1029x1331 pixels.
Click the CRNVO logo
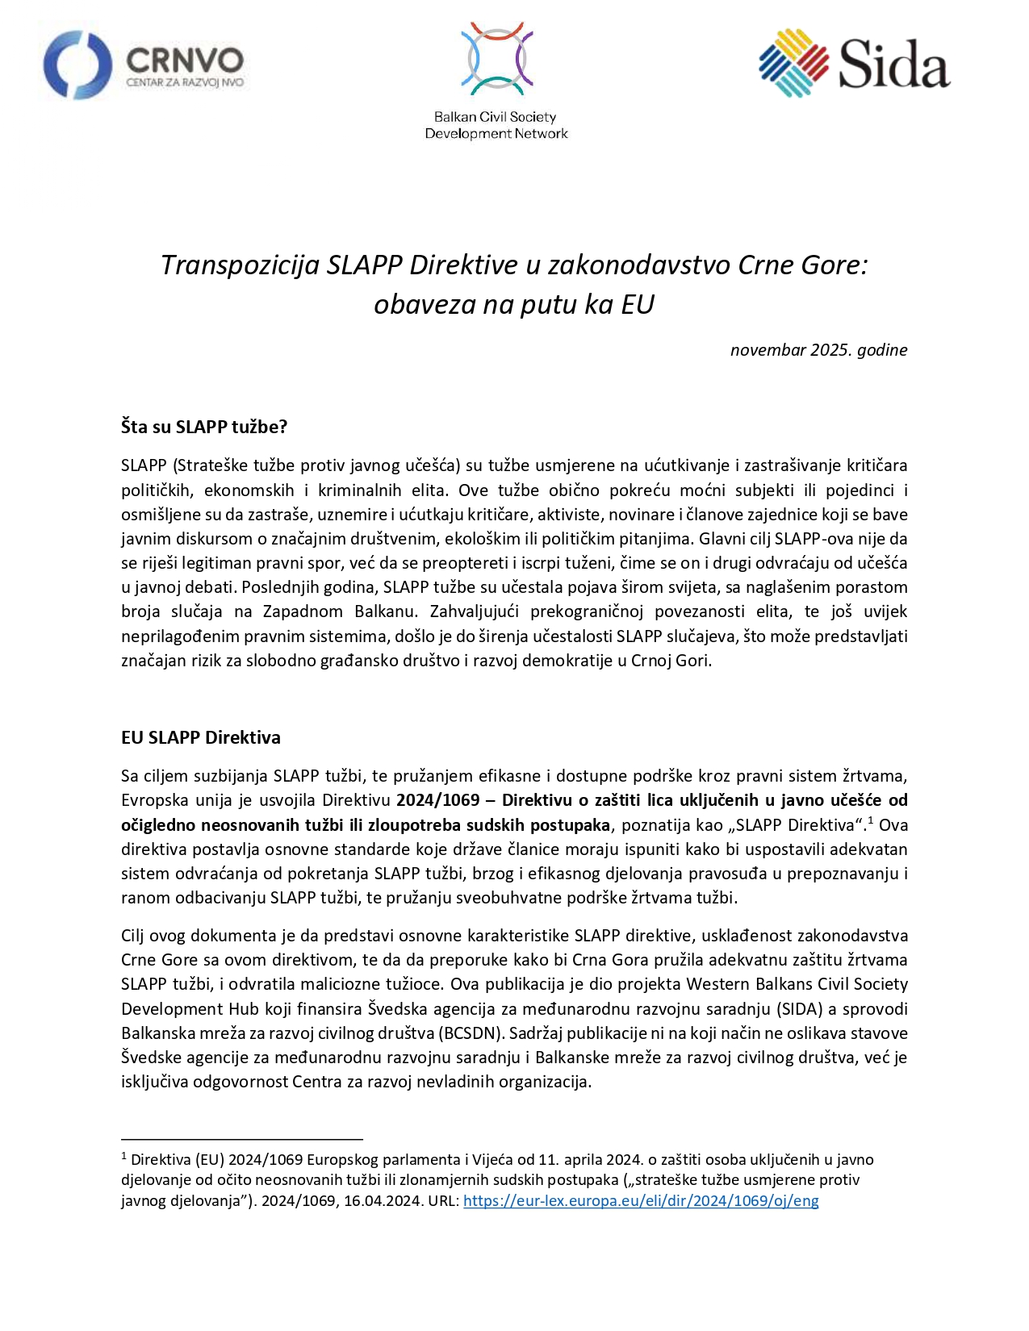click(144, 65)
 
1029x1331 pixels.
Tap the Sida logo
click(854, 64)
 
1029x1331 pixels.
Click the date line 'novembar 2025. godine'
click(818, 350)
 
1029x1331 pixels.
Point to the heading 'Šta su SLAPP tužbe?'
click(204, 427)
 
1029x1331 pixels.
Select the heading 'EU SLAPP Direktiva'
click(201, 737)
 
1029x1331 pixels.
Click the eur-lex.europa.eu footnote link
click(641, 1200)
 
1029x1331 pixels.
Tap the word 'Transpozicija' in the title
click(240, 265)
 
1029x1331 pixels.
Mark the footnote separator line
click(242, 1139)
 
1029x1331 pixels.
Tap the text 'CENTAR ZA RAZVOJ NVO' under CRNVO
click(185, 82)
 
